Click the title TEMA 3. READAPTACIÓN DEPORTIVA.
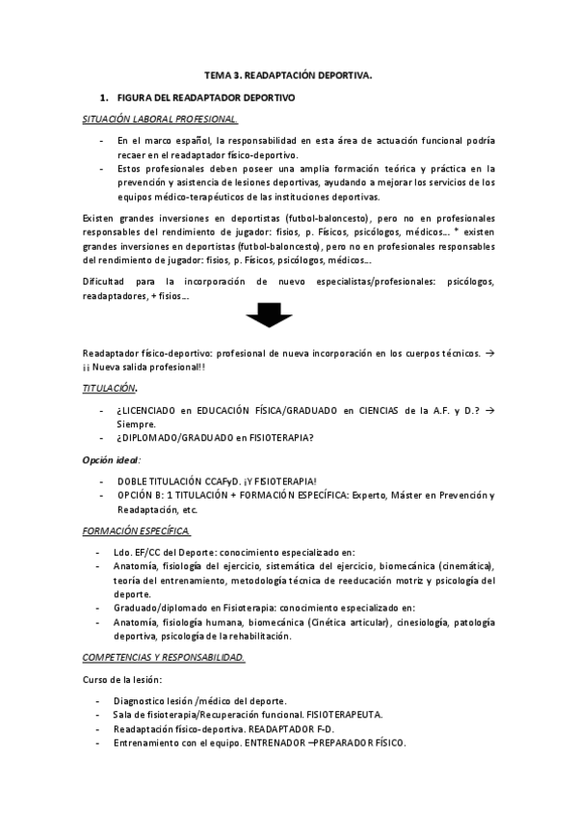pyautogui.click(x=289, y=74)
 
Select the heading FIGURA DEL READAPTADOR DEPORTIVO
pyautogui.click(x=205, y=98)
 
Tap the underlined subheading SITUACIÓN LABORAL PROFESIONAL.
pyautogui.click(x=160, y=119)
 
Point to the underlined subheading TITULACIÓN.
pyautogui.click(x=110, y=388)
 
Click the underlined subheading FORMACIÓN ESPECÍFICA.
pyautogui.click(x=137, y=532)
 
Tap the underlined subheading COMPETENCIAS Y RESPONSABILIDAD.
pyautogui.click(x=164, y=657)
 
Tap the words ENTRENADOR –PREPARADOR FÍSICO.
pyautogui.click(x=334, y=743)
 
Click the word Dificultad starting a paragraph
pyautogui.click(x=107, y=281)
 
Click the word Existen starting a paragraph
pyautogui.click(x=101, y=218)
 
